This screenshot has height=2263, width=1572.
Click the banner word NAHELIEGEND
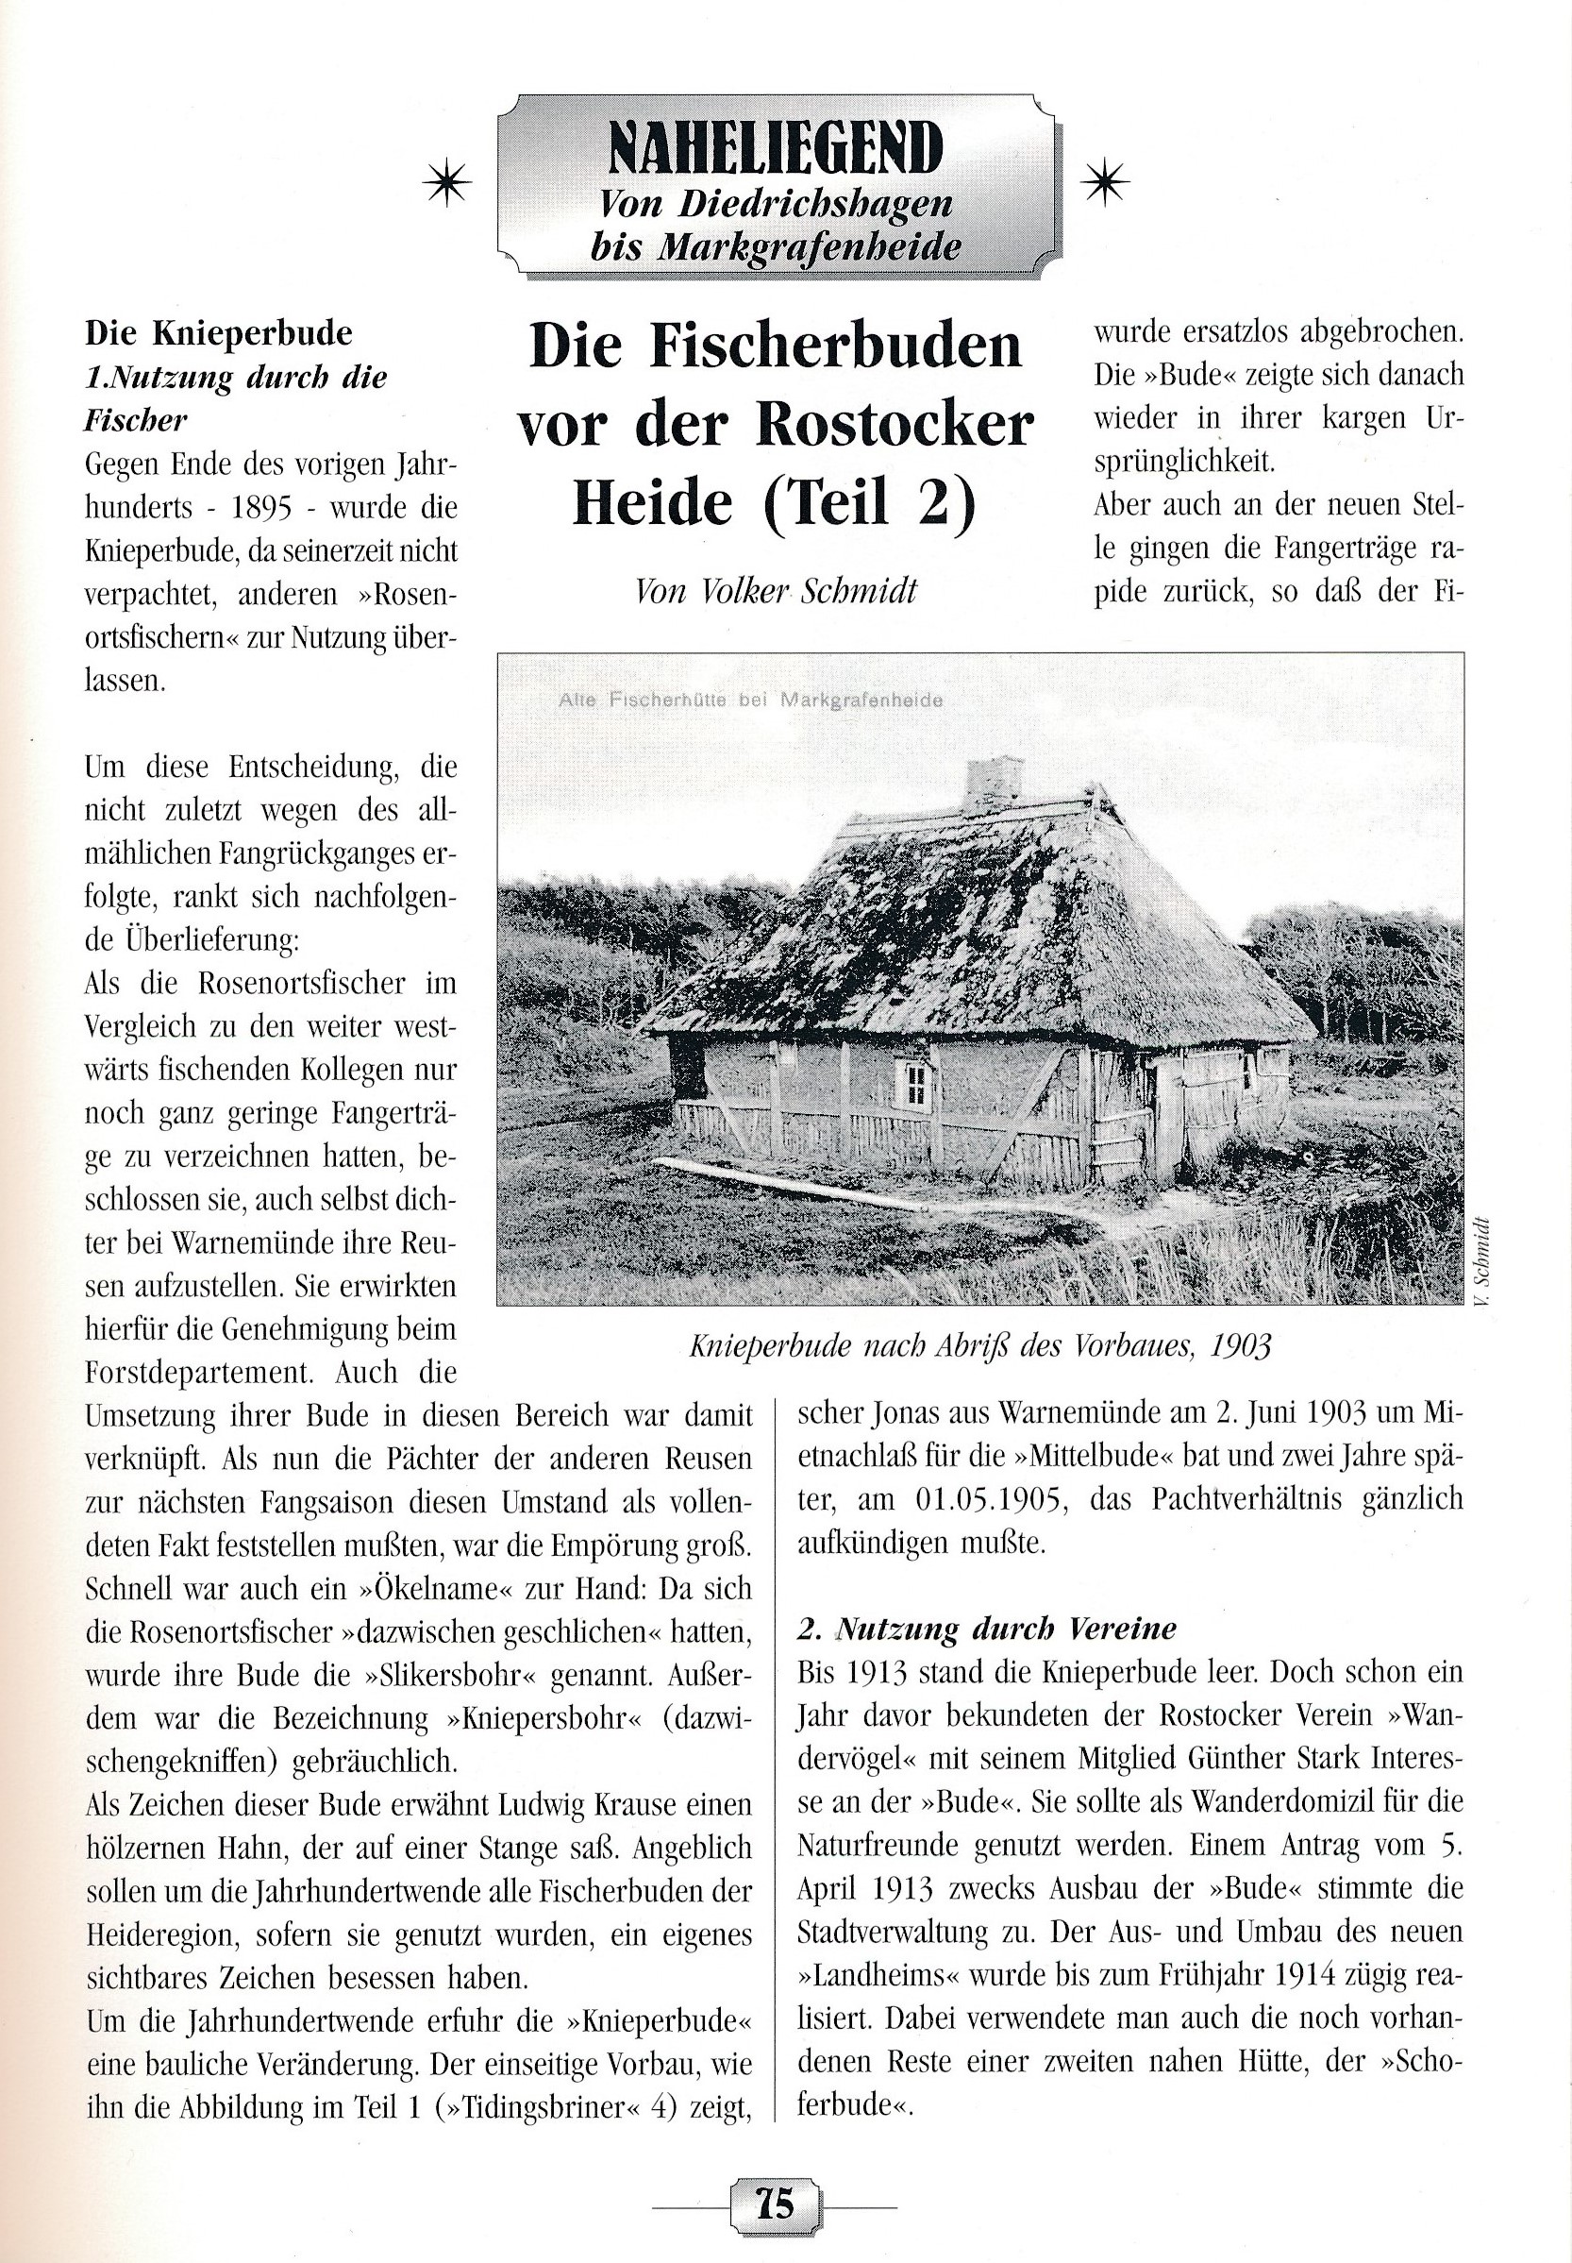(x=776, y=149)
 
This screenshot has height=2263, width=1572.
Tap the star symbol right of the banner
(x=1105, y=181)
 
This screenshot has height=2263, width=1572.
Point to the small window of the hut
(x=916, y=1084)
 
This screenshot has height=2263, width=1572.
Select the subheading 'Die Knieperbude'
(x=219, y=334)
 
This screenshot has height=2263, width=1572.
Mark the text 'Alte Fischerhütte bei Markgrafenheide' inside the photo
(x=749, y=701)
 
